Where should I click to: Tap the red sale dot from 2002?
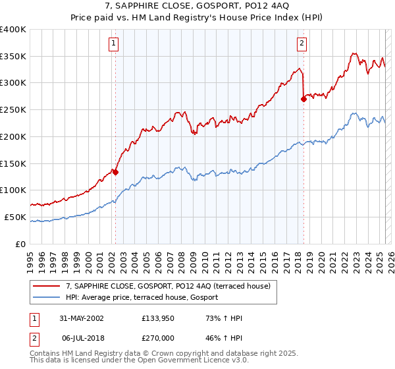pos(115,172)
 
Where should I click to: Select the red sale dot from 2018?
pos(303,99)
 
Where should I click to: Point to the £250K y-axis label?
pos(13,110)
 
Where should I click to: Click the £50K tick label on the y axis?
pos(15,217)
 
